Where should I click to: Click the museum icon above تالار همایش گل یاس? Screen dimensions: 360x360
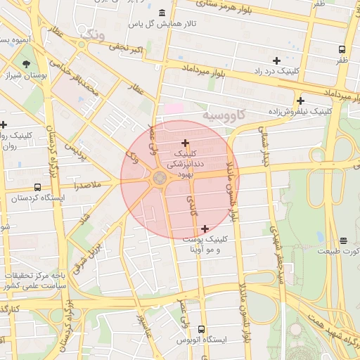162,13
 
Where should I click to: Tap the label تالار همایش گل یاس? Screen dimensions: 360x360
162,24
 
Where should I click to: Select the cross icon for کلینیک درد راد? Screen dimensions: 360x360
276,61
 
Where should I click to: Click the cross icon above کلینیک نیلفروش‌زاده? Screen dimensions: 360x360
300,101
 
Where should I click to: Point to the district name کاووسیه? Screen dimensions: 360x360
224,113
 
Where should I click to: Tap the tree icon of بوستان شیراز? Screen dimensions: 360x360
26,63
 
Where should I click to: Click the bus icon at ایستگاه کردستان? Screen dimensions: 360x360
37,188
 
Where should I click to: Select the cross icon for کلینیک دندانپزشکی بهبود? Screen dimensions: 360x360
185,143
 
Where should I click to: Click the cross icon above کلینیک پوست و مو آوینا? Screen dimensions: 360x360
205,229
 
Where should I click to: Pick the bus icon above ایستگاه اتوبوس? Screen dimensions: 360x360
202,329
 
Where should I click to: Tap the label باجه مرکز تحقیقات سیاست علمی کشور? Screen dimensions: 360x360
34,281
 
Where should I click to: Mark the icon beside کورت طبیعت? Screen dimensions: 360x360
343,240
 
